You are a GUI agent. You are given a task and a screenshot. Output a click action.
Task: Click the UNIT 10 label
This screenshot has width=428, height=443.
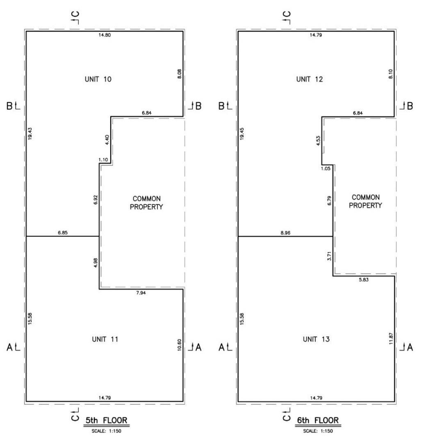[98, 79]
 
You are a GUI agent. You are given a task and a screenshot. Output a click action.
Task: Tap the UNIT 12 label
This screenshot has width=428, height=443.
[310, 79]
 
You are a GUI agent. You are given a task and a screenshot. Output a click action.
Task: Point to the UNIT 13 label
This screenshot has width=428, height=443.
[316, 339]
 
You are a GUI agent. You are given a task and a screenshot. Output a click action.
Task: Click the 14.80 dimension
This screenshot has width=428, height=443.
[105, 35]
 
